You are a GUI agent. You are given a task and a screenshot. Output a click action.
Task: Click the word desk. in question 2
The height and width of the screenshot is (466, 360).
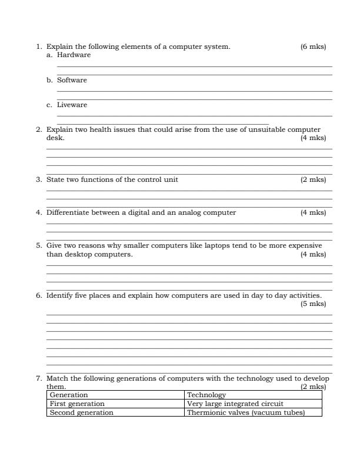[55, 138]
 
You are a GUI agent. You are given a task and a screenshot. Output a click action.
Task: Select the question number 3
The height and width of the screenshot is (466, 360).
[39, 179]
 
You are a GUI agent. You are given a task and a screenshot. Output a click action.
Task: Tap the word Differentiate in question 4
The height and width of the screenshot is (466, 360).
[66, 212]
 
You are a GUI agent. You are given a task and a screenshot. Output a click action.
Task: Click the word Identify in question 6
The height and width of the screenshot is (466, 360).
[59, 295]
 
